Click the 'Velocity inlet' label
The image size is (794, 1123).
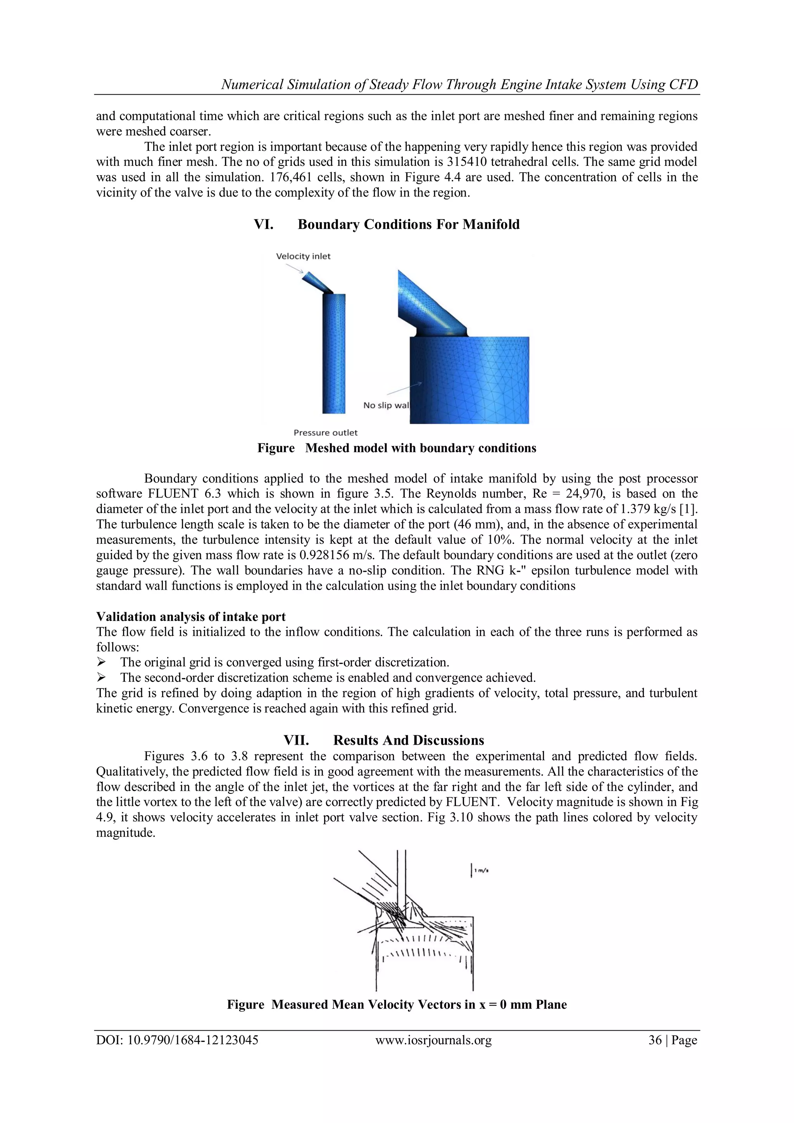(303, 256)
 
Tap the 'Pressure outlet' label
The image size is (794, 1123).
(325, 432)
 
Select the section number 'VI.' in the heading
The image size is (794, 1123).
(263, 224)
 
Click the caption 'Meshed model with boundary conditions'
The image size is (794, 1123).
(420, 448)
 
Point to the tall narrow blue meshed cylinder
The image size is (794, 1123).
(334, 352)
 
